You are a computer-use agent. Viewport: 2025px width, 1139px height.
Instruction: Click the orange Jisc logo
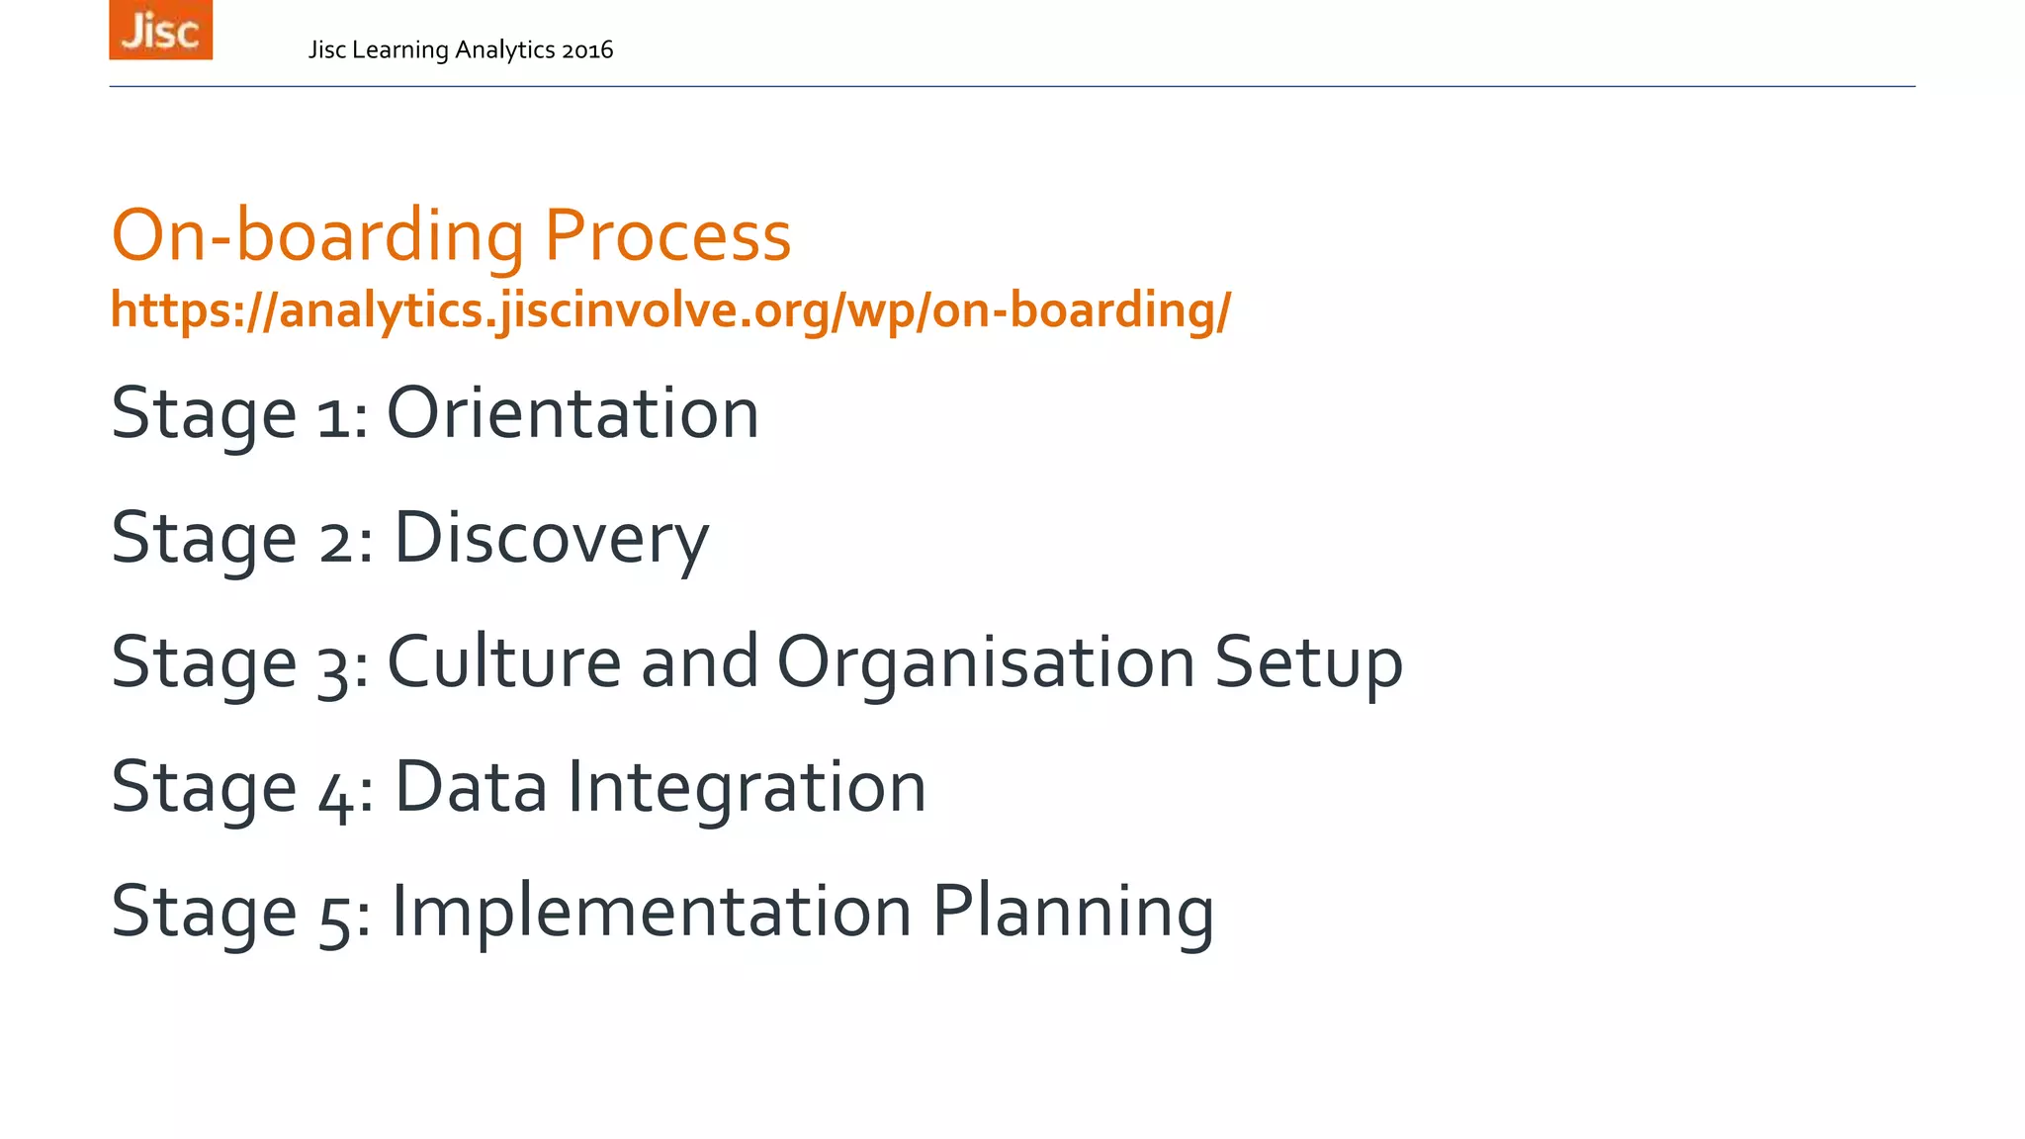[160, 31]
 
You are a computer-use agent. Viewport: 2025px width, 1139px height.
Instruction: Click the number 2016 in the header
[586, 50]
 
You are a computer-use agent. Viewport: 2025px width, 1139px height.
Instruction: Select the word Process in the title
[667, 236]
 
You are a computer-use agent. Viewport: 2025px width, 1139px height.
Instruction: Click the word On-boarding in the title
[317, 236]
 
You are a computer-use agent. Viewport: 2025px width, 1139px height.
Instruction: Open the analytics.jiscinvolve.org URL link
[670, 310]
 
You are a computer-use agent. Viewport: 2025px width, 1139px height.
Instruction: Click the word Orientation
[572, 413]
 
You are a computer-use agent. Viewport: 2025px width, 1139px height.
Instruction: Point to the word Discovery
[551, 539]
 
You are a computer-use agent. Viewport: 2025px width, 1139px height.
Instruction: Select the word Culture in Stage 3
[503, 661]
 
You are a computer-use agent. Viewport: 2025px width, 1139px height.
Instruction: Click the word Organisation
[986, 663]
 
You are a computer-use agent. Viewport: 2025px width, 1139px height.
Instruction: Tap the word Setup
[1307, 663]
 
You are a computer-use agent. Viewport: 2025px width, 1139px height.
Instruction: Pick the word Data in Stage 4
[471, 787]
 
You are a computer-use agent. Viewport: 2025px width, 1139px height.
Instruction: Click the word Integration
[747, 789]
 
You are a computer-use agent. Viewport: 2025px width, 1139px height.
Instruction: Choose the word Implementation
[652, 911]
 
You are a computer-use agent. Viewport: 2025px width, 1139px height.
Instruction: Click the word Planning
[1073, 913]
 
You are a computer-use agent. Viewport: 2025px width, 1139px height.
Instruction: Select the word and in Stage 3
[699, 661]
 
